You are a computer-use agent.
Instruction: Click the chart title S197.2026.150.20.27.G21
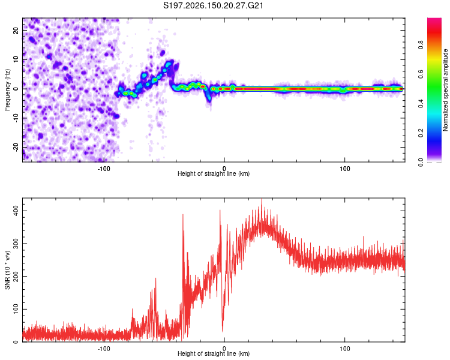213,5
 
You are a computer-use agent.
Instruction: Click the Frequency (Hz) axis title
7,89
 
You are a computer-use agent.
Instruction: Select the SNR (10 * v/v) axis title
7,270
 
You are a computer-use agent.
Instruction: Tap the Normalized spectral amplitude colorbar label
445,90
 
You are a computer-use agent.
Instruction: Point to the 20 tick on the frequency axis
16,31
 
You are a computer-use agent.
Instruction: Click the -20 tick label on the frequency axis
16,147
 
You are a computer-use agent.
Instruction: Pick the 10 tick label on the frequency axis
16,60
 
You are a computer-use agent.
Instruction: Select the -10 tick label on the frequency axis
16,118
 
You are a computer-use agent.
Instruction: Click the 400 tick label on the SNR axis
16,211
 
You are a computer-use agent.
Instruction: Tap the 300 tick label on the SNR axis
16,244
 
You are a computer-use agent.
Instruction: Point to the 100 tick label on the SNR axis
16,309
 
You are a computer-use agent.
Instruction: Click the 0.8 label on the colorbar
421,44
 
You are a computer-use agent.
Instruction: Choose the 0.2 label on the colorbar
421,133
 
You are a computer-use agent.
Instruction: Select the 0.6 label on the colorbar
421,74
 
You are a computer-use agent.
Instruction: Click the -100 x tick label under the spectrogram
104,169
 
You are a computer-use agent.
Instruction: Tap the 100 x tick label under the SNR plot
344,349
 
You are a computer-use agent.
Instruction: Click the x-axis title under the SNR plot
214,353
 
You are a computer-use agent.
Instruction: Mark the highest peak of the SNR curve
262,199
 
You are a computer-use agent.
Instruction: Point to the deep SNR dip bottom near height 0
223,331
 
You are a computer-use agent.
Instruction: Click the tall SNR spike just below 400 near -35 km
183,215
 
